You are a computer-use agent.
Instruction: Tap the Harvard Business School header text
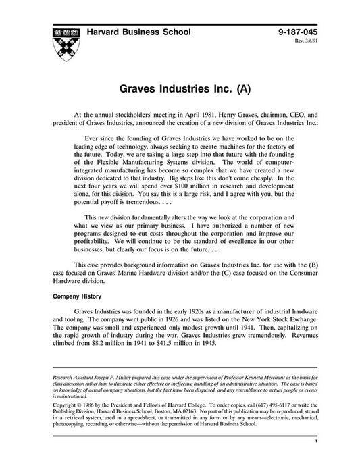coord(140,32)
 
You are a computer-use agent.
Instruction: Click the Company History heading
coord(79,296)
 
